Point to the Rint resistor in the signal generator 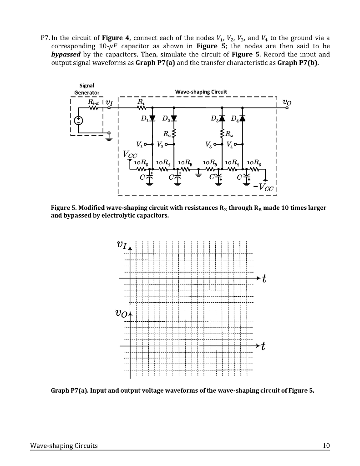click(x=93, y=108)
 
